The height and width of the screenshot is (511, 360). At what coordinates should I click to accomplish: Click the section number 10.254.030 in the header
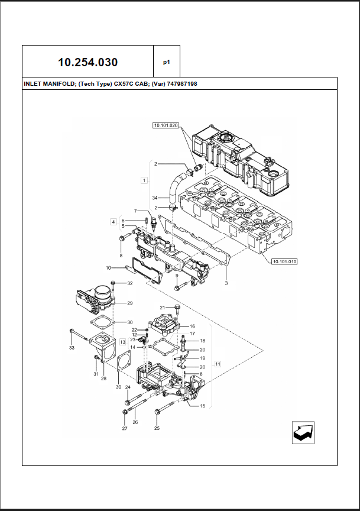(x=87, y=62)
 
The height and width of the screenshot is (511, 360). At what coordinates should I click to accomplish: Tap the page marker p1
(x=167, y=62)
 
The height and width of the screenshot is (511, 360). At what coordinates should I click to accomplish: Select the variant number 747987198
(x=182, y=84)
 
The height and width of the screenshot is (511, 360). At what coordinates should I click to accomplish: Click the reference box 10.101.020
(x=166, y=125)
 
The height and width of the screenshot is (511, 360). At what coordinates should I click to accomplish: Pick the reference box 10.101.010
(x=284, y=261)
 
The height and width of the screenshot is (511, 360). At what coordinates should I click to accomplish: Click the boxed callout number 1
(x=144, y=180)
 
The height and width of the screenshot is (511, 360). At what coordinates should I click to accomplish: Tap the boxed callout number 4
(x=113, y=222)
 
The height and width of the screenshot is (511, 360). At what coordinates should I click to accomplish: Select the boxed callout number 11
(x=218, y=364)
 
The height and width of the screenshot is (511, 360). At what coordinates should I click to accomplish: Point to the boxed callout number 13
(x=122, y=342)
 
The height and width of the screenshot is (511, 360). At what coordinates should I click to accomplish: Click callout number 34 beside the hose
(x=155, y=198)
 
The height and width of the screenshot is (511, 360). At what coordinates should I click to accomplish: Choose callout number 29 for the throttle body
(x=129, y=303)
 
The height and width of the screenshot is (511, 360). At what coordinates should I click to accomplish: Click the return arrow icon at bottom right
(x=303, y=432)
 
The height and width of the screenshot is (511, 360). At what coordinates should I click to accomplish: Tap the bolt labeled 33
(x=79, y=336)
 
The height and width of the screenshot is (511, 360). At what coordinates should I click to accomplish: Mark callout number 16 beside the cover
(x=192, y=326)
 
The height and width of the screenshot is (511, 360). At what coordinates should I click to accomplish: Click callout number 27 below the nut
(x=125, y=428)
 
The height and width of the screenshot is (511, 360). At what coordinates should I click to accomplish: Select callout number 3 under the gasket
(x=226, y=283)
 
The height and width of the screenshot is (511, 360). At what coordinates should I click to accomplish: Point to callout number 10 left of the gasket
(x=108, y=268)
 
